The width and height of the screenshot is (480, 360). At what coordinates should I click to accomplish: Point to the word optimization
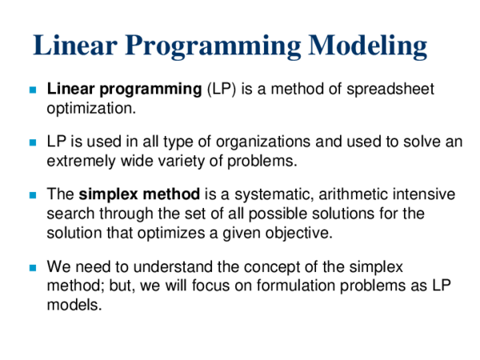90,106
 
